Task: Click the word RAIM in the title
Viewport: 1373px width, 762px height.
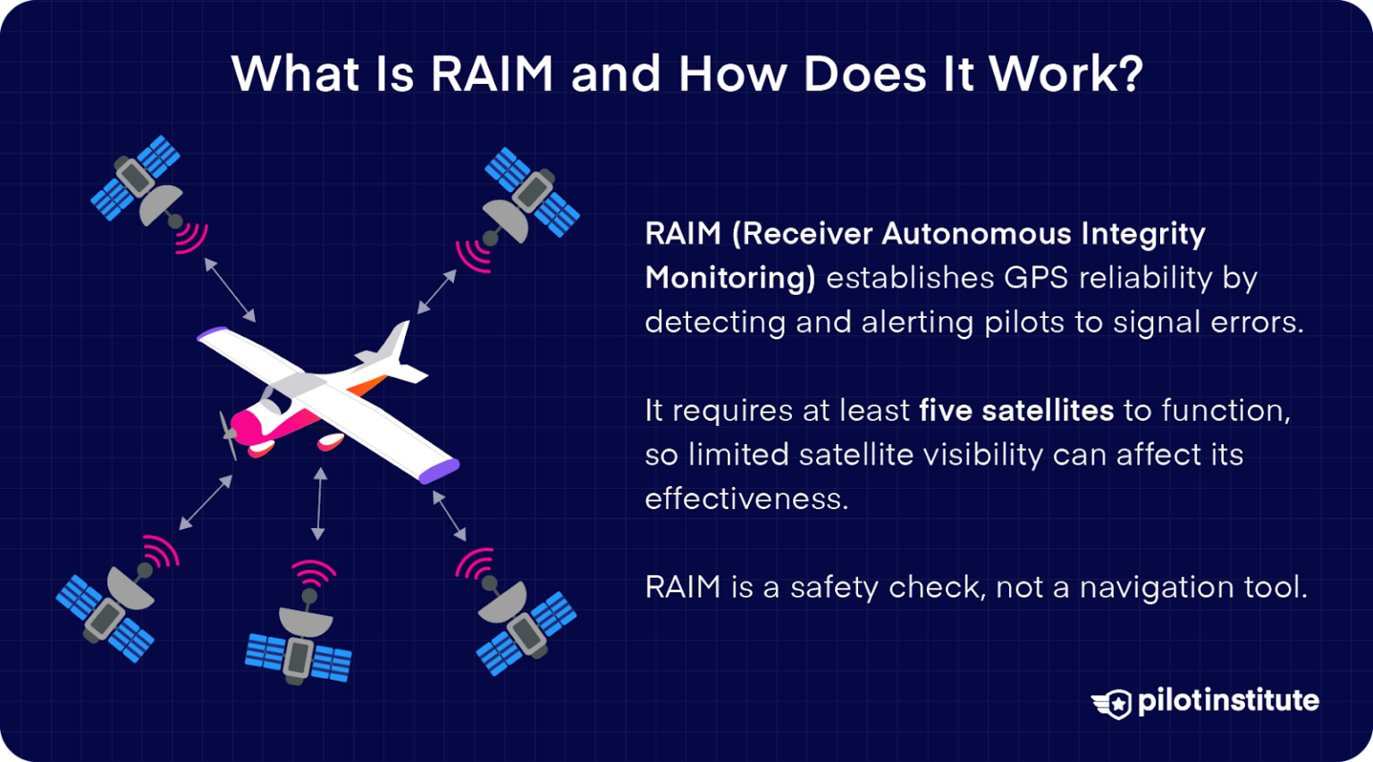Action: [x=493, y=74]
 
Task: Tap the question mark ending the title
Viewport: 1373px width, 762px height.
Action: [x=1129, y=74]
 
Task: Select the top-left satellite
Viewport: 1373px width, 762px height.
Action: [x=139, y=181]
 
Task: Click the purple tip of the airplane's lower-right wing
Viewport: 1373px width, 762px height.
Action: [x=440, y=471]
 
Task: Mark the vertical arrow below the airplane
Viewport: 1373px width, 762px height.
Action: [x=319, y=504]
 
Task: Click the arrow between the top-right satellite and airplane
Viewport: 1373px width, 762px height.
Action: [x=437, y=292]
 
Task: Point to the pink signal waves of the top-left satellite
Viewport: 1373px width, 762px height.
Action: [x=192, y=238]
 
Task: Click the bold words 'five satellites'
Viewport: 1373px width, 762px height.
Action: [x=1016, y=410]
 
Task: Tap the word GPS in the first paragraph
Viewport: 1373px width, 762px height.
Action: [x=1036, y=278]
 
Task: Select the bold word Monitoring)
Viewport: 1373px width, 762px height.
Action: [x=729, y=278]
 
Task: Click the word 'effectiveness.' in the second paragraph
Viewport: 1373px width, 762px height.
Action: [x=746, y=498]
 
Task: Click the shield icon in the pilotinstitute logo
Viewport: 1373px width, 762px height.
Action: [x=1114, y=703]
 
